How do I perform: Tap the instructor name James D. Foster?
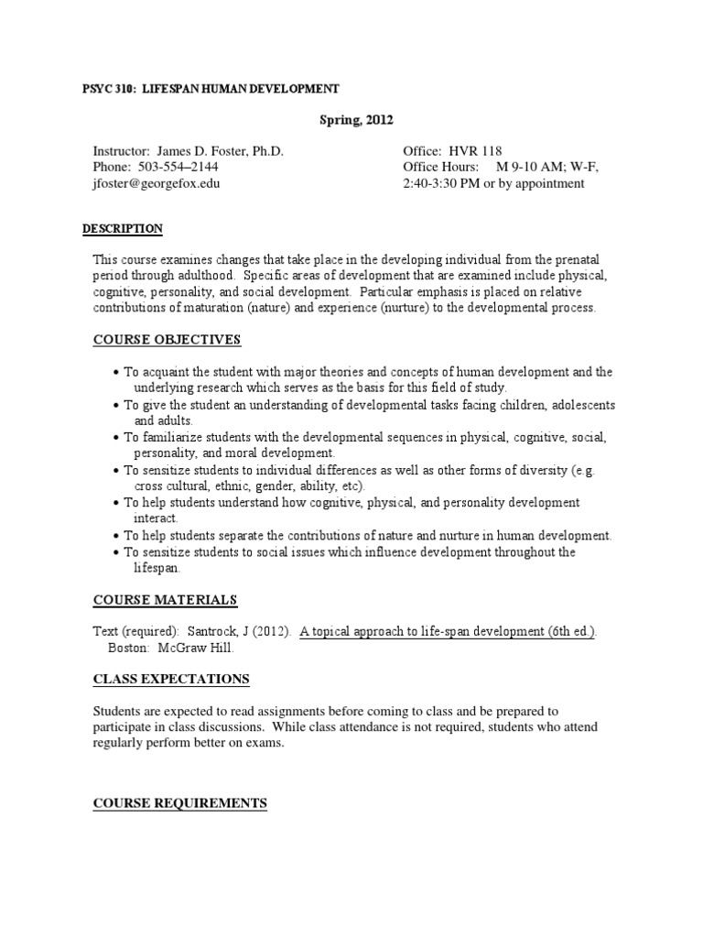220,151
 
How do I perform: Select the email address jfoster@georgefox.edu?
156,182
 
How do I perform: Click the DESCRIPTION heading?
123,228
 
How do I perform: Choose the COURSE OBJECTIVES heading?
168,341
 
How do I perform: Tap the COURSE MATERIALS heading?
166,600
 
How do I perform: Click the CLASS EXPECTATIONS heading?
171,679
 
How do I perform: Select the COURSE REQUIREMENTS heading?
180,803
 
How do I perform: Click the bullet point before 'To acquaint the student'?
117,372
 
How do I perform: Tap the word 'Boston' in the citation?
129,648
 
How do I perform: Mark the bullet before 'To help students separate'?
117,536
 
